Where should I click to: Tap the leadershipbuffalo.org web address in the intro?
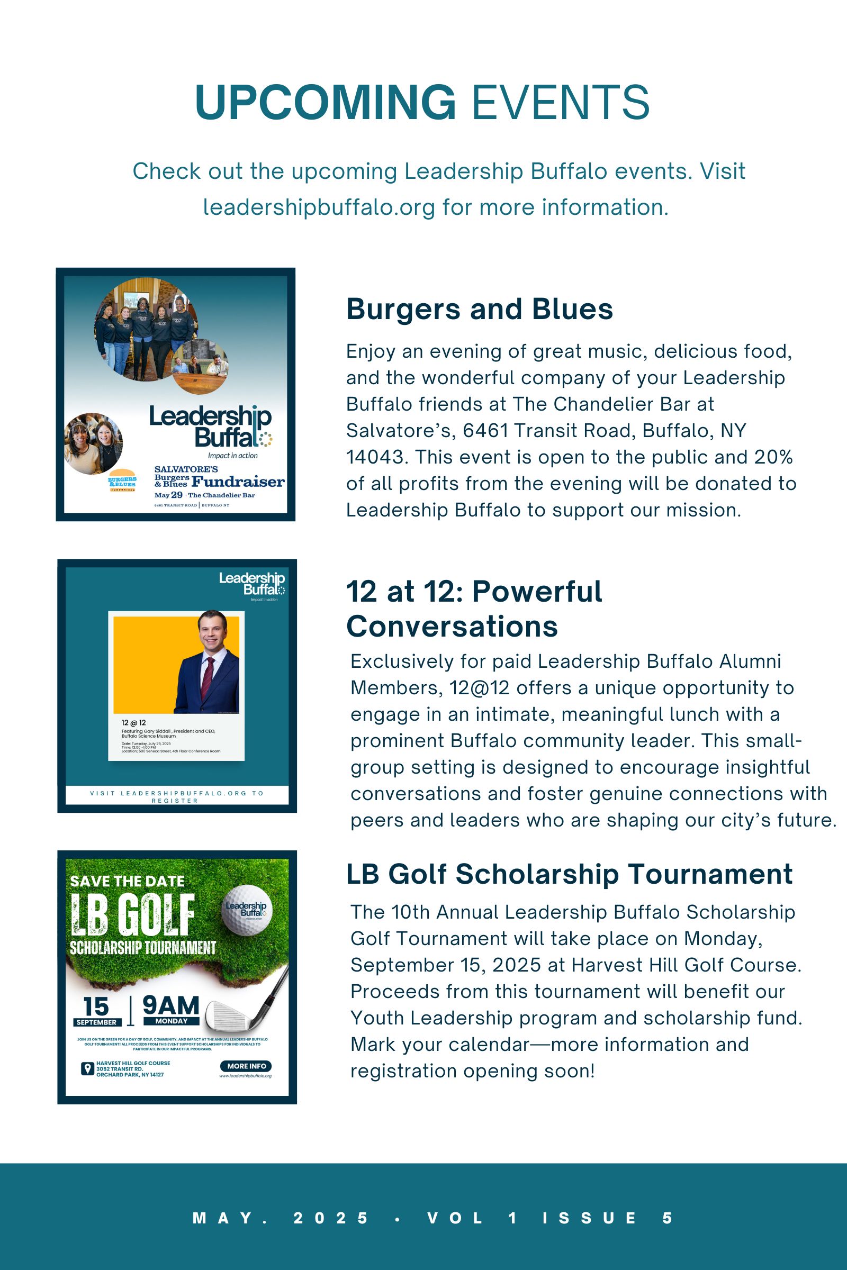coord(319,207)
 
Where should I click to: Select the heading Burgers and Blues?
coord(479,310)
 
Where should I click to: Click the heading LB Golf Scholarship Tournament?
coord(569,874)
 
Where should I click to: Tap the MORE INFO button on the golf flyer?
coord(246,1066)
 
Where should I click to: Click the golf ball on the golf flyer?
coord(246,910)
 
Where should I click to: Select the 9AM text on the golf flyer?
coord(170,1005)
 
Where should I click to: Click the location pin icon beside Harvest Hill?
coord(86,1068)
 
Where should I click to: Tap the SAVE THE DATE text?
coord(128,881)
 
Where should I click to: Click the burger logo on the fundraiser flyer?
coord(122,479)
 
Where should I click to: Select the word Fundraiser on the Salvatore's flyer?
coord(238,482)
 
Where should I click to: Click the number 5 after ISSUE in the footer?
coord(668,1218)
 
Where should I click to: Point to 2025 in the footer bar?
coord(330,1218)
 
